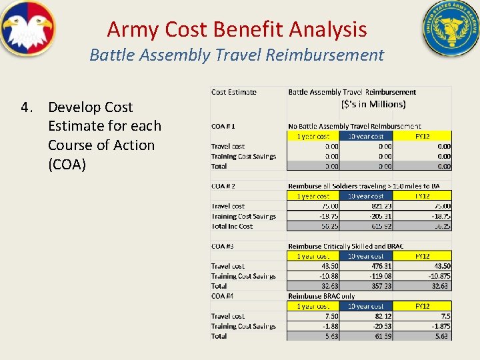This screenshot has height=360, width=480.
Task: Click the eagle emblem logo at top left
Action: tap(27, 29)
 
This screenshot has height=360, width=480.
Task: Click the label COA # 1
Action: tap(223, 126)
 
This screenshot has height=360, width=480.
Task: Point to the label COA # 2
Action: tap(223, 186)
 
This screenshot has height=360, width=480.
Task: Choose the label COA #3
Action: tap(223, 246)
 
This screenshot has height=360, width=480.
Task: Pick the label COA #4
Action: tap(223, 295)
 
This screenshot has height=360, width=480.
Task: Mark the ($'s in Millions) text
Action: tap(373, 104)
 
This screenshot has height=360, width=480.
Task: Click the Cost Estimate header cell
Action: tap(234, 92)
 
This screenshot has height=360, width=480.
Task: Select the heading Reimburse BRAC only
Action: tap(321, 295)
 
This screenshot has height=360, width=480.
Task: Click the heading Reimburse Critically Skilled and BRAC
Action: tap(345, 246)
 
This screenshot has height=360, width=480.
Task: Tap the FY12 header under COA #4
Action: tap(422, 306)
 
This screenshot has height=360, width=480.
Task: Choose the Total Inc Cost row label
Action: tap(233, 226)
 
